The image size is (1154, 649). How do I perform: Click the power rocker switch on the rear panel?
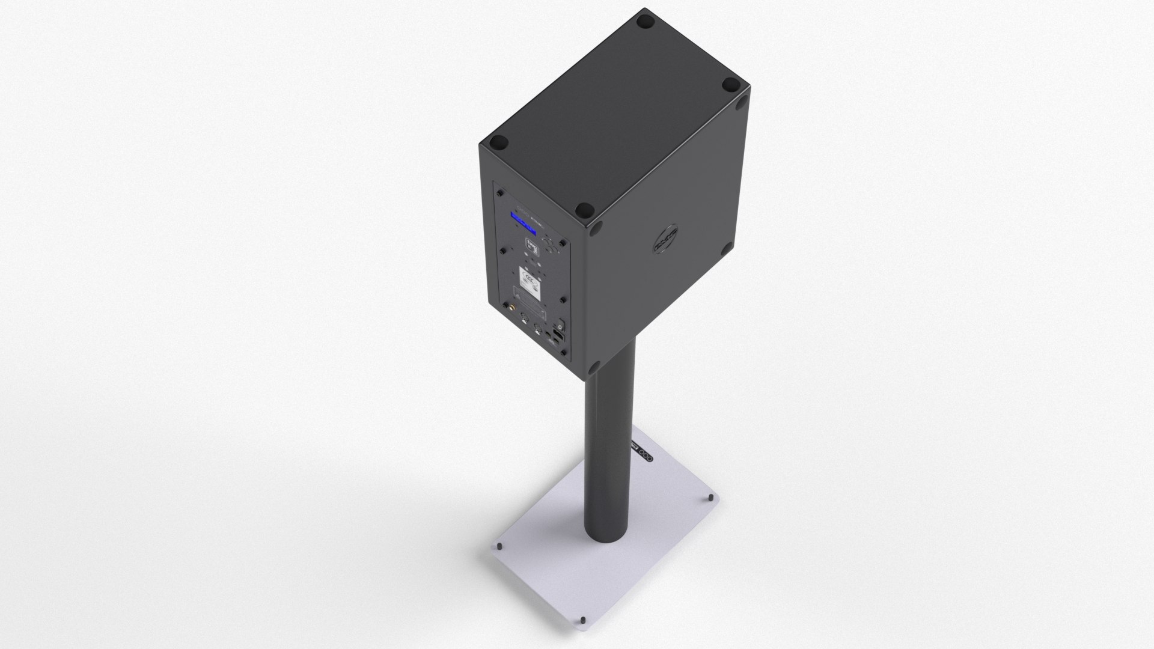(x=561, y=326)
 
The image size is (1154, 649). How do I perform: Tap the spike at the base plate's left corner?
(x=499, y=546)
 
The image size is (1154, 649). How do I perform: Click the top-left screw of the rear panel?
(x=500, y=193)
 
